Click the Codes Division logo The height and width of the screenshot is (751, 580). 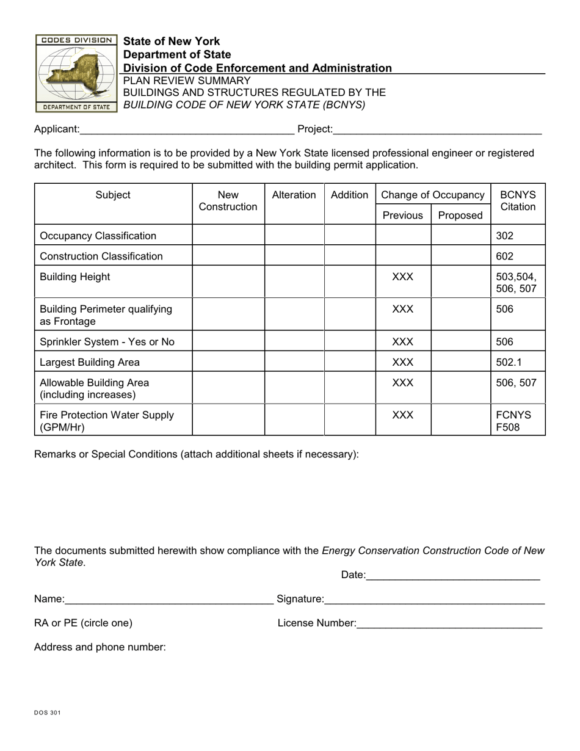pyautogui.click(x=76, y=73)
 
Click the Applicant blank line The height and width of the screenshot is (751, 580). pyautogui.click(x=187, y=129)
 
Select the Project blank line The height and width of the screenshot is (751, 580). pyautogui.click(x=438, y=129)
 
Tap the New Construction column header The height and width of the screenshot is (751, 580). pyautogui.click(x=228, y=201)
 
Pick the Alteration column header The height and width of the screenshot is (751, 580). pyautogui.click(x=294, y=195)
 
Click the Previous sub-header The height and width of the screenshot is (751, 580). pyautogui.click(x=402, y=215)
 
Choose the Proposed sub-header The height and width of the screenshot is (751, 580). pyautogui.click(x=460, y=215)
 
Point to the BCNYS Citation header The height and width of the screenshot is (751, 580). pyautogui.click(x=518, y=201)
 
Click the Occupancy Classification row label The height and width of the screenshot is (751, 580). pyautogui.click(x=98, y=236)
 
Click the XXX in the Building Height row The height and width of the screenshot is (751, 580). pyautogui.click(x=402, y=277)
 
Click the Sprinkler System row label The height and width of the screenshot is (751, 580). pyautogui.click(x=107, y=342)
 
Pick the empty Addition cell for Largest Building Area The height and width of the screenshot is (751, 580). pyautogui.click(x=349, y=362)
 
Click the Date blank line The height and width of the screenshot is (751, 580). pyautogui.click(x=454, y=575)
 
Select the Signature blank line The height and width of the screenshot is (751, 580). pyautogui.click(x=434, y=600)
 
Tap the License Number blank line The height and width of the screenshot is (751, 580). pyautogui.click(x=449, y=624)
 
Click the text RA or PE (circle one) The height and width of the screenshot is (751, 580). pyautogui.click(x=83, y=623)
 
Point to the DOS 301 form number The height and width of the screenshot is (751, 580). pyautogui.click(x=47, y=713)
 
